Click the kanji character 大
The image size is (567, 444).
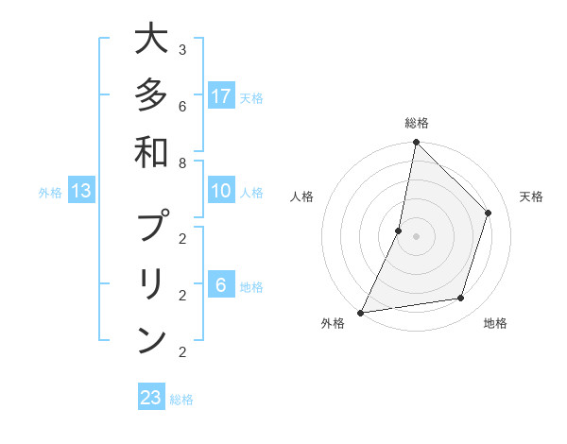(151, 40)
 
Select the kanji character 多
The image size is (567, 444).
(151, 96)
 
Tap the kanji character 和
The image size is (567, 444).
(151, 152)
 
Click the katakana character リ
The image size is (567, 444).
(151, 283)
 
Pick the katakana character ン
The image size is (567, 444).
(151, 339)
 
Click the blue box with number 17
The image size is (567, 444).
(221, 95)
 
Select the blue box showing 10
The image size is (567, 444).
(221, 191)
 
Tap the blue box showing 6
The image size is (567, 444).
(221, 284)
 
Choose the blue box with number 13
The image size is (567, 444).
(81, 191)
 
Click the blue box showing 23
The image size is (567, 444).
(151, 398)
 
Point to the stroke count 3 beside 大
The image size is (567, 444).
(182, 49)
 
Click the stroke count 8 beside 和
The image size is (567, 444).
(182, 162)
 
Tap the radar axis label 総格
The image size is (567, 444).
(416, 123)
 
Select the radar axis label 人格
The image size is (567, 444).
(302, 196)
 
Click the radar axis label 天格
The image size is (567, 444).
(531, 196)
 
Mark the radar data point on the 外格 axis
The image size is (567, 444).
(360, 312)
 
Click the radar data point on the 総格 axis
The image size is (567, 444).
(416, 142)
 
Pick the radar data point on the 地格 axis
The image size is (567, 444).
(461, 299)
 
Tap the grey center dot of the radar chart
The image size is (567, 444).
(416, 236)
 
